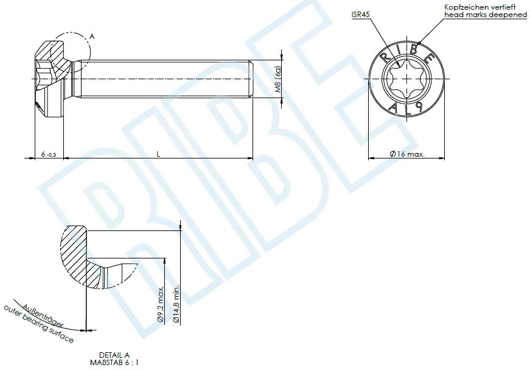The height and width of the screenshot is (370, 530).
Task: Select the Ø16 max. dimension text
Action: click(x=406, y=154)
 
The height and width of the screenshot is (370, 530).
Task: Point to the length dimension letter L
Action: click(x=158, y=154)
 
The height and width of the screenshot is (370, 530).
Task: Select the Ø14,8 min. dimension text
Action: click(x=176, y=303)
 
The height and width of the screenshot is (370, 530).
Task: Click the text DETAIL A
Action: click(x=114, y=354)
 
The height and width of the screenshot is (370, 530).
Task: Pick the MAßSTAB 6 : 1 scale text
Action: click(x=114, y=362)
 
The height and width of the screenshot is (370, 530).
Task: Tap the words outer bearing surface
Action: click(x=38, y=325)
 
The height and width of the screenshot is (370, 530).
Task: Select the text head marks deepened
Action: click(x=485, y=14)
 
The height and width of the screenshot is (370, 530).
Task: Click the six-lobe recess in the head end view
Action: click(x=406, y=79)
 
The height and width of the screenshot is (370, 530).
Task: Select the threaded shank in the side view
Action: click(x=164, y=79)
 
